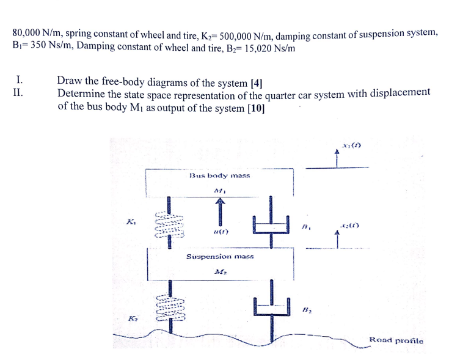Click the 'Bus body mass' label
(x=219, y=175)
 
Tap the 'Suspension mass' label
(x=219, y=257)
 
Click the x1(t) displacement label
(x=352, y=145)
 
